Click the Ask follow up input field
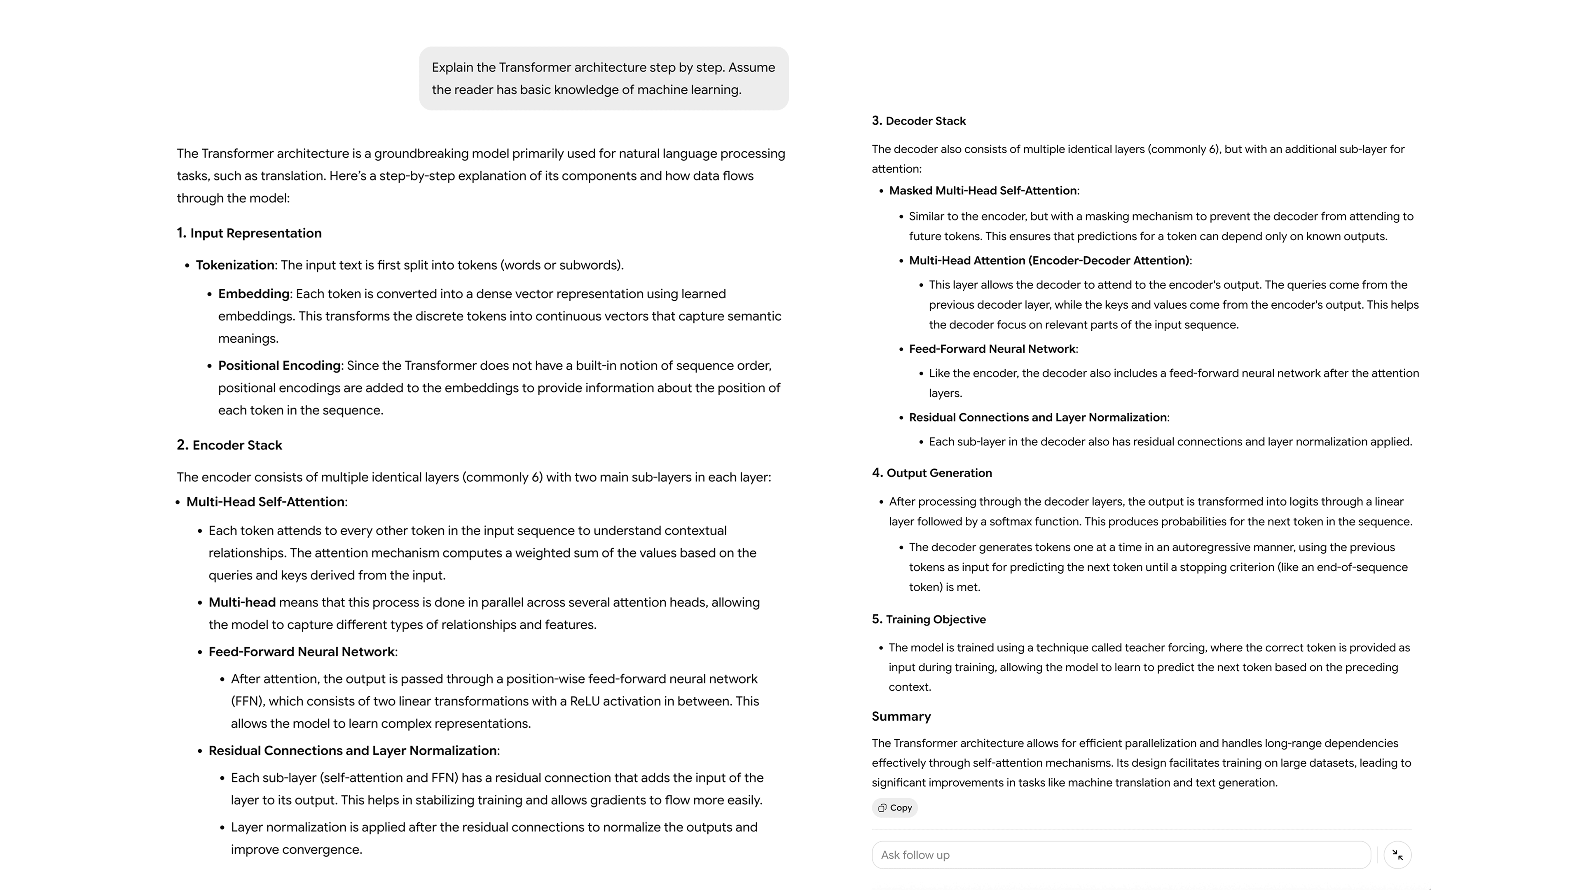pos(1120,855)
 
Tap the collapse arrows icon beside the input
pos(1397,855)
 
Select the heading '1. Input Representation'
pos(249,233)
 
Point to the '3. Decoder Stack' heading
pos(918,121)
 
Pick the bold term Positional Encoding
pos(279,366)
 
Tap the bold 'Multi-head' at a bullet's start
pos(242,602)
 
